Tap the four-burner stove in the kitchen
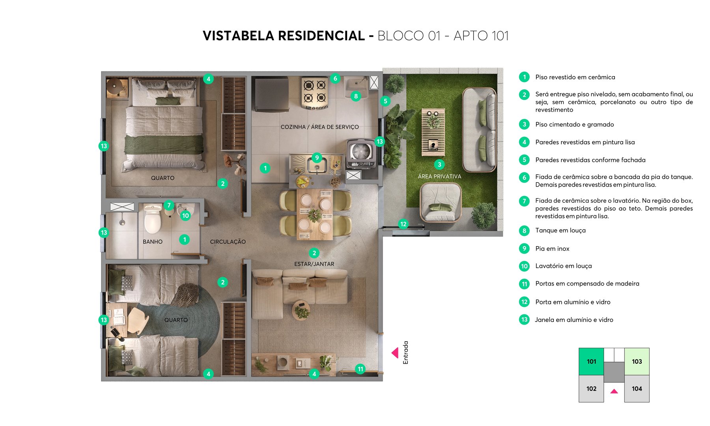(315, 93)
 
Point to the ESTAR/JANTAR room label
(314, 264)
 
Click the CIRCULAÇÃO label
(228, 242)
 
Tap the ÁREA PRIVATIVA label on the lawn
(439, 176)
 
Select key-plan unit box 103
(637, 361)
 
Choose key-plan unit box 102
(591, 389)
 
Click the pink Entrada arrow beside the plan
(395, 353)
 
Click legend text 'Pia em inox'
(552, 248)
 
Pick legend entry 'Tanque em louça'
(560, 230)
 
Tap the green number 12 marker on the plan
(403, 224)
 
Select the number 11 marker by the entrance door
(360, 369)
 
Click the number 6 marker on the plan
(335, 78)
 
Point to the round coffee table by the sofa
(301, 310)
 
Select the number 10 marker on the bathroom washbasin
(185, 215)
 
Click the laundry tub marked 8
(356, 88)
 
